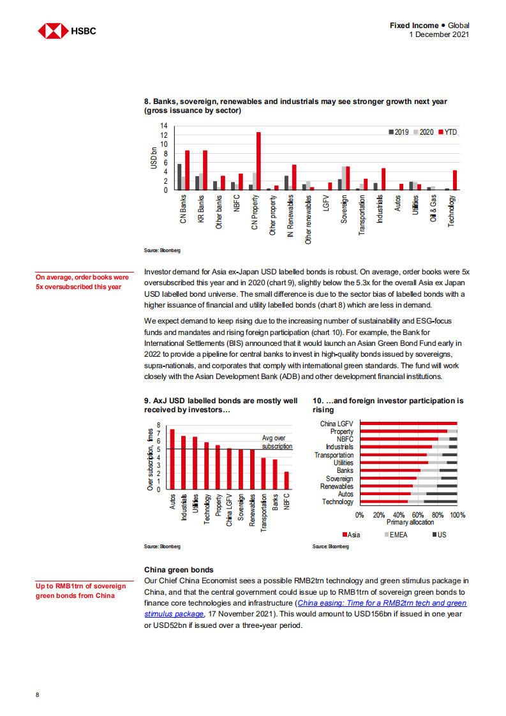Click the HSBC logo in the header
(x=67, y=31)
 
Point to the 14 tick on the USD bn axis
(x=164, y=126)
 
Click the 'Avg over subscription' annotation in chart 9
(x=278, y=442)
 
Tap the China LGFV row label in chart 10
(x=336, y=424)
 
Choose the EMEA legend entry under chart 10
(x=398, y=534)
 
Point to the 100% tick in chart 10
(x=458, y=515)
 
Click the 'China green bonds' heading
(x=179, y=570)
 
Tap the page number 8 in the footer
(x=38, y=694)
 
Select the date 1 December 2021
(x=439, y=34)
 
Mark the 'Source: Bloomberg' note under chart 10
(x=331, y=547)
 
